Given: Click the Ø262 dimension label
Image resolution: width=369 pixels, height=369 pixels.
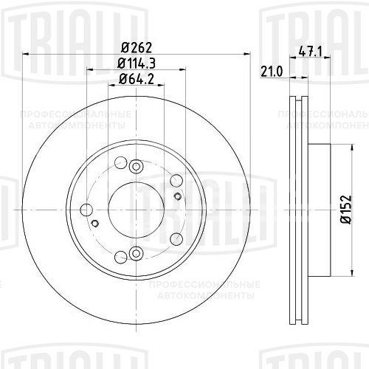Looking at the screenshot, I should coord(134,46).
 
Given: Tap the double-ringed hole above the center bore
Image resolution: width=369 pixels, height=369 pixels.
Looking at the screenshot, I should coord(135,168).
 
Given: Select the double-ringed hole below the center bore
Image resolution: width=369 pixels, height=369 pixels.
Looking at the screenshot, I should coord(135,254).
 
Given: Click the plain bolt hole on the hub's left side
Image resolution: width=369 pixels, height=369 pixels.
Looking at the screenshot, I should coord(87,210).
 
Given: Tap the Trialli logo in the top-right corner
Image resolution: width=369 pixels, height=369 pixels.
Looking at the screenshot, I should coord(317,22).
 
